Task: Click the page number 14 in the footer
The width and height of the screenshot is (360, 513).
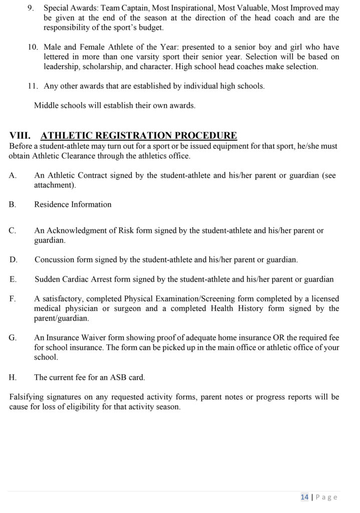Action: (x=304, y=497)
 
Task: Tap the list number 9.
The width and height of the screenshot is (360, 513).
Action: (x=31, y=9)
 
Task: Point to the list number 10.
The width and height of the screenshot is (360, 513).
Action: (x=32, y=48)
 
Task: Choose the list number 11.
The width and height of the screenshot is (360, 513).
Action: (x=32, y=86)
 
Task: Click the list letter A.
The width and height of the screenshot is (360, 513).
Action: (x=13, y=175)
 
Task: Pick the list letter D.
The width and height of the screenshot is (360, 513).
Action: (x=13, y=260)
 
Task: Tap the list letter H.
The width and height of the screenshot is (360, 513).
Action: (x=13, y=377)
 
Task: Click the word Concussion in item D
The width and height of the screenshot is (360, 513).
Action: (x=54, y=260)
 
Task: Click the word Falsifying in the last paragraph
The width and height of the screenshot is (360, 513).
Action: (x=28, y=397)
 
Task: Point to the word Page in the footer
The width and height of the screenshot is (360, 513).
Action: (x=327, y=497)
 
